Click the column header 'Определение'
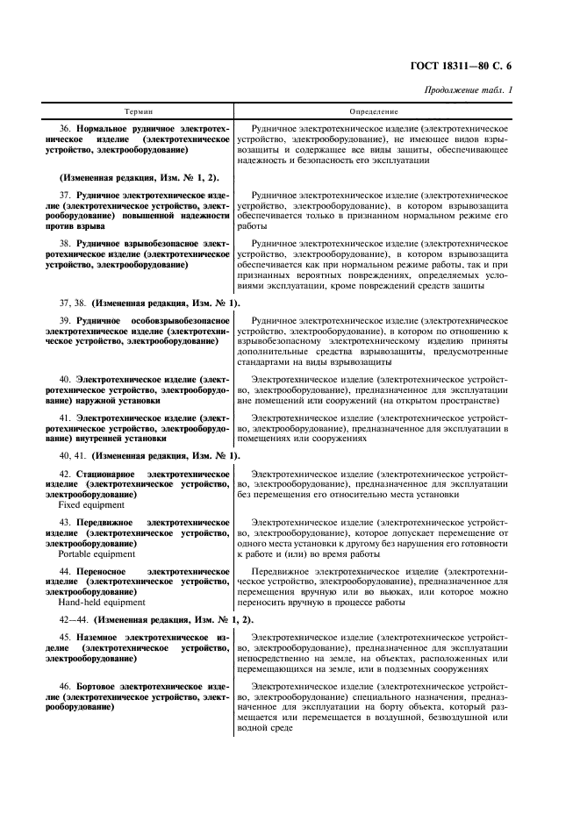(374, 112)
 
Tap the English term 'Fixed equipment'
(91, 504)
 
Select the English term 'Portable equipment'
(97, 553)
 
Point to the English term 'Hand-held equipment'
(101, 603)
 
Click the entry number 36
(64, 128)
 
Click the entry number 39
(64, 322)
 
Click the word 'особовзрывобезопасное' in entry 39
(183, 322)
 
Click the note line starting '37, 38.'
(140, 303)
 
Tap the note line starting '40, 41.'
(140, 455)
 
